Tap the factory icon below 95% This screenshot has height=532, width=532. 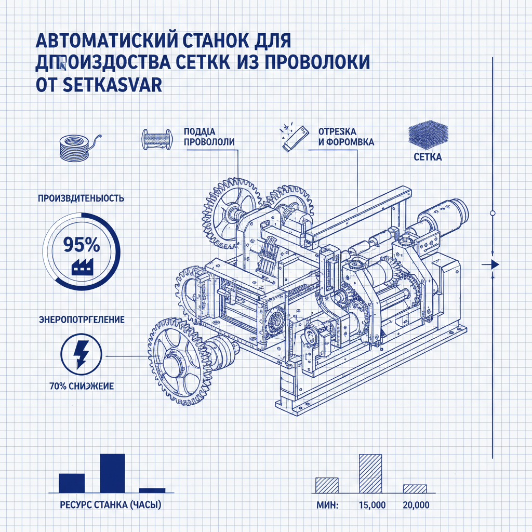(80, 267)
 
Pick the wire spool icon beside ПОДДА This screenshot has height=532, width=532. (157, 139)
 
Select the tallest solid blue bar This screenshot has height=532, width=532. (112, 473)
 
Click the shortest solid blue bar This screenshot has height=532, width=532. (152, 490)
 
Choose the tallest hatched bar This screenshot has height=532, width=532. (370, 473)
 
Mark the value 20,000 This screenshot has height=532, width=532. (416, 505)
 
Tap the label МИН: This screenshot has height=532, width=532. (327, 505)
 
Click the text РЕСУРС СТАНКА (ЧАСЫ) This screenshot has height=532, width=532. (111, 504)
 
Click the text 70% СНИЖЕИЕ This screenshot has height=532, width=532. (81, 386)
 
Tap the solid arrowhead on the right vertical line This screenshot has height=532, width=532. (494, 265)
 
